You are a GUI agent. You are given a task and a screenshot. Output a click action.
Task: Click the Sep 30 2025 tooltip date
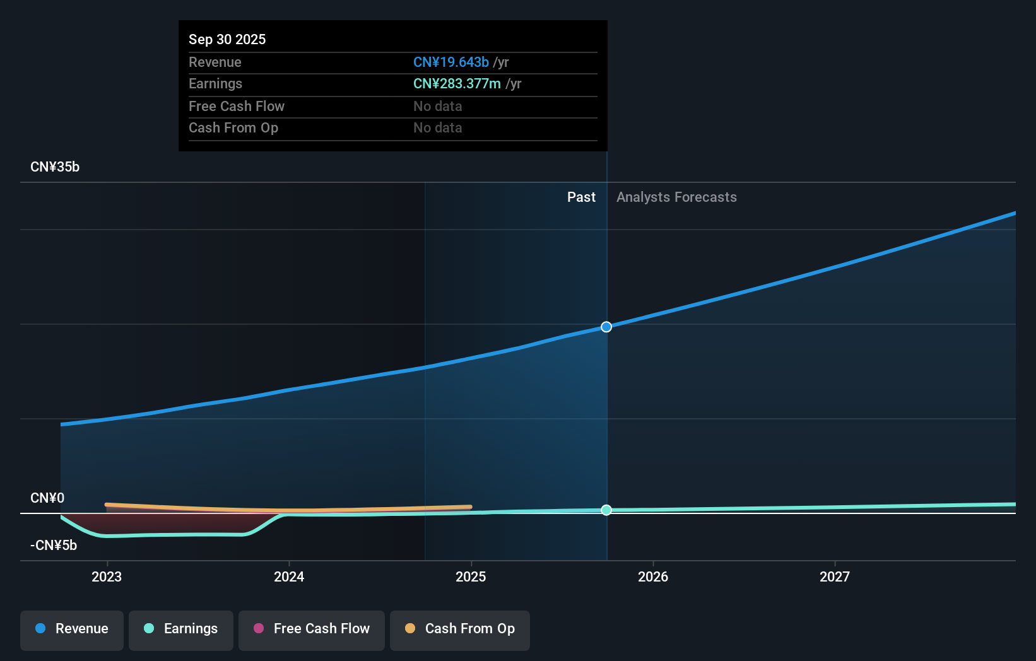coord(227,39)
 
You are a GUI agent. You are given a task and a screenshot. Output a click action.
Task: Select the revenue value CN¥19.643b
coord(450,62)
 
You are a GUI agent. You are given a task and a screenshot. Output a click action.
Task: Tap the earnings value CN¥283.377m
coord(457,83)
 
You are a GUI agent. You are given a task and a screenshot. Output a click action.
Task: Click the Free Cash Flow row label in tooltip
coord(237,106)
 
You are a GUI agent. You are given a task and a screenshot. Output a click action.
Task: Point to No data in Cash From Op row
coord(437,127)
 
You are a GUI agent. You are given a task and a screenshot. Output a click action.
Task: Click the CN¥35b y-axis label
coord(55,167)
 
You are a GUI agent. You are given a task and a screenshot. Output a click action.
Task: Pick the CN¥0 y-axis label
coord(47,498)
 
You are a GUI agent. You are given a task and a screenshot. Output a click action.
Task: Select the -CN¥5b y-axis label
coord(54,545)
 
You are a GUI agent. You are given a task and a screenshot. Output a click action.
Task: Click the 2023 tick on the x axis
coord(107,576)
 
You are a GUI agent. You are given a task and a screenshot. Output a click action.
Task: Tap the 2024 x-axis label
coord(289,576)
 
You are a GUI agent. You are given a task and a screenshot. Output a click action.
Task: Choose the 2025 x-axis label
coord(471,576)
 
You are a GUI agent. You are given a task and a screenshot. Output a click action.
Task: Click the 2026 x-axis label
coord(653,576)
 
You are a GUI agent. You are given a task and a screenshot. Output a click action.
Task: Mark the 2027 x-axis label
coord(835,576)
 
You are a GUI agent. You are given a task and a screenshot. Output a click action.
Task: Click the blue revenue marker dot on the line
coord(606,327)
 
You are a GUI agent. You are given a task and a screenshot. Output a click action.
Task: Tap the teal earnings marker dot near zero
coord(606,510)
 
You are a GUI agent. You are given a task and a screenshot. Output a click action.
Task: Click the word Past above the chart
coord(581,197)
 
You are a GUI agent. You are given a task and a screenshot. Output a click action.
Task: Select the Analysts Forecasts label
coord(676,197)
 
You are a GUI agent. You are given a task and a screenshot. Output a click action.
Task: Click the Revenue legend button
coord(72,629)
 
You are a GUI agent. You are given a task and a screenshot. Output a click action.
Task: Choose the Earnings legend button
coord(181,629)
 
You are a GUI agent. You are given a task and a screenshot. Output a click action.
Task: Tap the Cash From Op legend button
coord(460,629)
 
